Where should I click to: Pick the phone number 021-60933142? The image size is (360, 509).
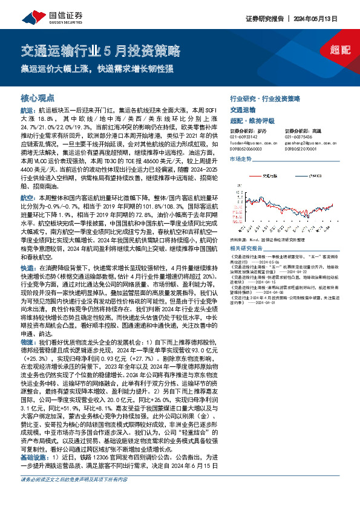245,137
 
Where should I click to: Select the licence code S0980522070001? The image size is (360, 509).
303,148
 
